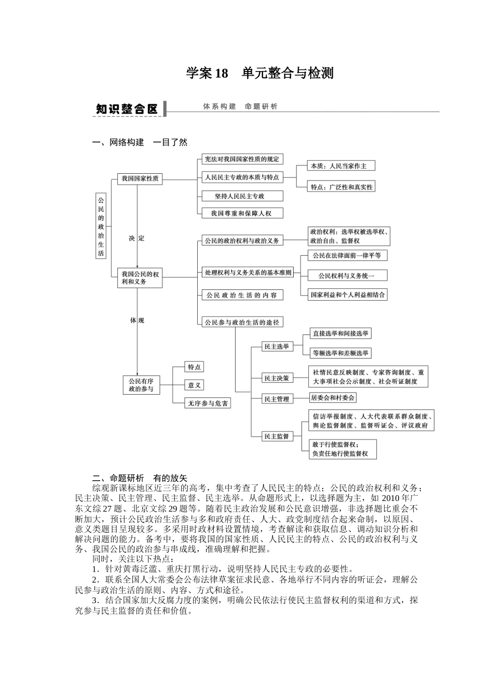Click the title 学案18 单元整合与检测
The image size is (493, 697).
click(259, 73)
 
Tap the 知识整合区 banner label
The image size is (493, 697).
click(127, 109)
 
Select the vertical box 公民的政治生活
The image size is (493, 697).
click(101, 226)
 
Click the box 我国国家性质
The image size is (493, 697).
click(140, 179)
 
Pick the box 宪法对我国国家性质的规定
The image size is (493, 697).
click(242, 159)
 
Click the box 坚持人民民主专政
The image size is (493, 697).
click(242, 196)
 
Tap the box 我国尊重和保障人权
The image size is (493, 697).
click(242, 213)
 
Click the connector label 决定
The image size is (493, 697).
click(137, 239)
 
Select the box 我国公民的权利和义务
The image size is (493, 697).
click(141, 277)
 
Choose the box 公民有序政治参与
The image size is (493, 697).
click(141, 385)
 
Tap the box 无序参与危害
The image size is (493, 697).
click(208, 403)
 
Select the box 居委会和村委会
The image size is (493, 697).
click(333, 398)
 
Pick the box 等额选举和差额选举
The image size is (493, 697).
click(340, 353)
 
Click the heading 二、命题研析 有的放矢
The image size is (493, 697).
click(140, 478)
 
